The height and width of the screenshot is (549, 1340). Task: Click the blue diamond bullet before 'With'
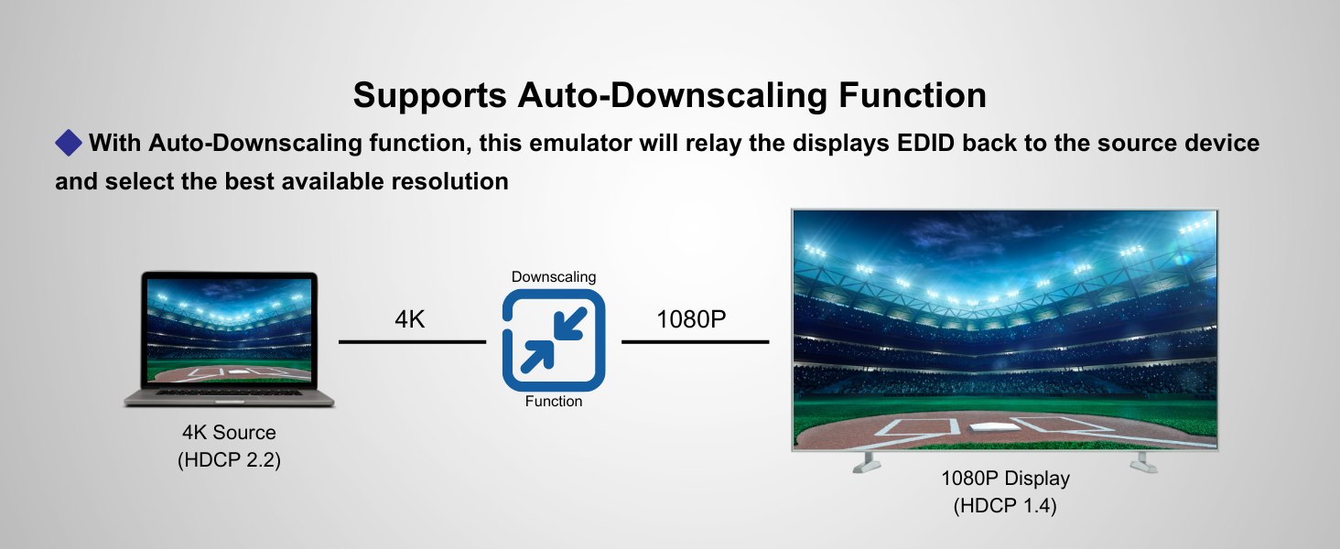[x=69, y=143]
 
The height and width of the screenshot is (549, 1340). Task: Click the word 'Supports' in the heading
[x=427, y=95]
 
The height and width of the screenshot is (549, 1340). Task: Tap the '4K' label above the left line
[x=409, y=319]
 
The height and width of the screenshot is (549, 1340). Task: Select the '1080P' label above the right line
[x=692, y=319]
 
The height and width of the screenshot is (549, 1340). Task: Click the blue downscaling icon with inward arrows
[x=554, y=340]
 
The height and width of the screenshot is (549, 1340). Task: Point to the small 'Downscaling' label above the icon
[x=554, y=276]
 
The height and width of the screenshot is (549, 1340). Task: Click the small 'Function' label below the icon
[x=554, y=401]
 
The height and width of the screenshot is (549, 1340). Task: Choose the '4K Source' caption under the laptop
[x=229, y=433]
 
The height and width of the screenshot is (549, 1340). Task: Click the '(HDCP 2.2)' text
[x=229, y=459]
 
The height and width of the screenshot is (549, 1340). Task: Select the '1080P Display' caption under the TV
[x=1005, y=478]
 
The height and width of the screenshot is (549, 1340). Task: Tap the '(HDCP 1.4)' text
[x=1005, y=505]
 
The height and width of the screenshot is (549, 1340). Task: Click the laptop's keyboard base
[x=230, y=398]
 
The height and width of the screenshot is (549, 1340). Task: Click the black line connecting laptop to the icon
[x=412, y=342]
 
